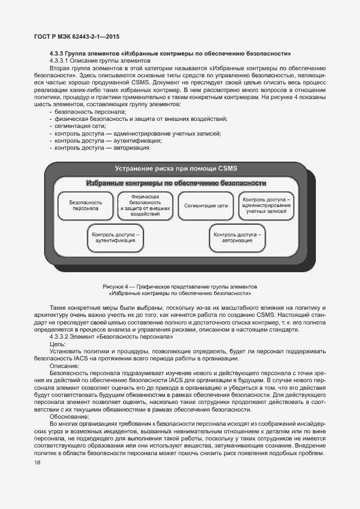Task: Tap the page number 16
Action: coord(37,463)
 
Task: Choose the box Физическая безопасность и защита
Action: coord(145,205)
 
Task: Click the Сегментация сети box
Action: coord(206,206)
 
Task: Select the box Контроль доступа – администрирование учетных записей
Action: coord(266,205)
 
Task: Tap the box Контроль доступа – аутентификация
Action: coord(115,237)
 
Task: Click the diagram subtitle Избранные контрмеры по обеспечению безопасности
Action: coord(176,183)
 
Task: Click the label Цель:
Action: coord(57,345)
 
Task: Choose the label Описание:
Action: coord(64,366)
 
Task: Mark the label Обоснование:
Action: coord(68,415)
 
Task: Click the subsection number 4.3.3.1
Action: coord(62,60)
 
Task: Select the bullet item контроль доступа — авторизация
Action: coord(102,147)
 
